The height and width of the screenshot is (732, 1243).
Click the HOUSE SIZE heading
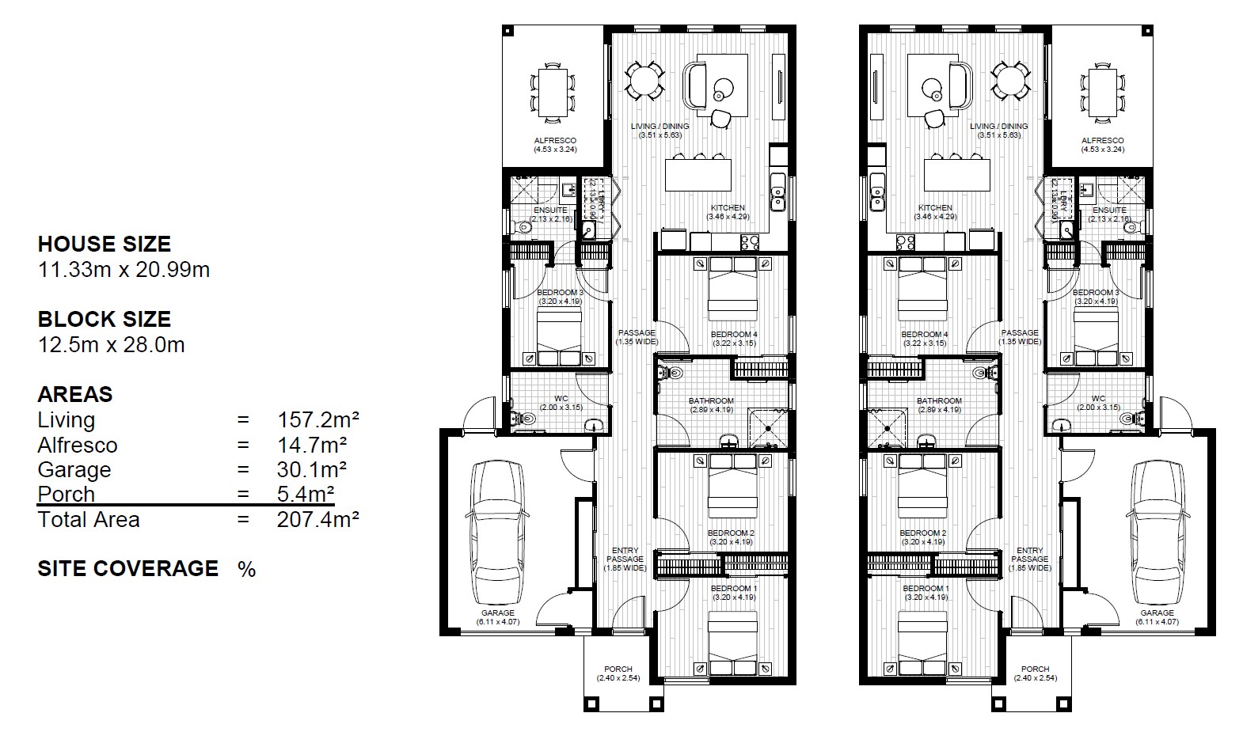[x=104, y=244]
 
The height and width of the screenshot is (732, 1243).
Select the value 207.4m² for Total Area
[x=318, y=519]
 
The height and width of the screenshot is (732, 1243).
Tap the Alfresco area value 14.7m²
[x=312, y=445]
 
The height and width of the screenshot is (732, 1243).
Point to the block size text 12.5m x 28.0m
[x=111, y=344]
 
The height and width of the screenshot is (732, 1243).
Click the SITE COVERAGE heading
[x=127, y=568]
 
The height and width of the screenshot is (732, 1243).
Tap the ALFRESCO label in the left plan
[x=555, y=141]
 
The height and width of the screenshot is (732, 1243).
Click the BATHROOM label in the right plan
[x=939, y=401]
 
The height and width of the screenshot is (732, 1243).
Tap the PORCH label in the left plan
[x=618, y=669]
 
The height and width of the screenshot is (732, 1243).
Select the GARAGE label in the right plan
[x=1157, y=613]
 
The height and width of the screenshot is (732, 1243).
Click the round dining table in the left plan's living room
[x=644, y=80]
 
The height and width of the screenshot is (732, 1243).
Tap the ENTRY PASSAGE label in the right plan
[x=1029, y=555]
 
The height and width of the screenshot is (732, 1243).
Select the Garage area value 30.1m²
[x=312, y=469]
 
